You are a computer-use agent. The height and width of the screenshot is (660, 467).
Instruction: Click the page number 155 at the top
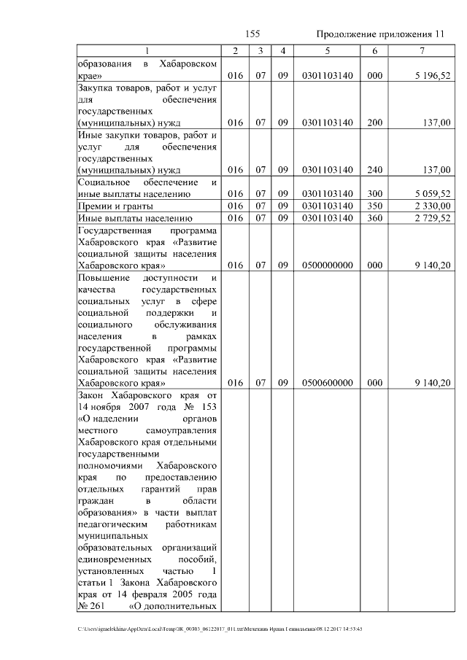(x=253, y=34)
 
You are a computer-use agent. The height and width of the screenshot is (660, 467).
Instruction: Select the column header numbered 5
(x=327, y=50)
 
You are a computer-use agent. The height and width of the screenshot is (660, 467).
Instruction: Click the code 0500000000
(x=327, y=265)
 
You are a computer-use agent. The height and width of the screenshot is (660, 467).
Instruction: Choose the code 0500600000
(x=327, y=383)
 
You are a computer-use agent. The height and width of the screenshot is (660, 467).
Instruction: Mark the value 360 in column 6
(x=374, y=217)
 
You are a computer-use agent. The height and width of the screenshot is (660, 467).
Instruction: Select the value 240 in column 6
(x=374, y=170)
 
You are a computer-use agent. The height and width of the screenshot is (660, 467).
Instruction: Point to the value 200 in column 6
(x=374, y=123)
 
